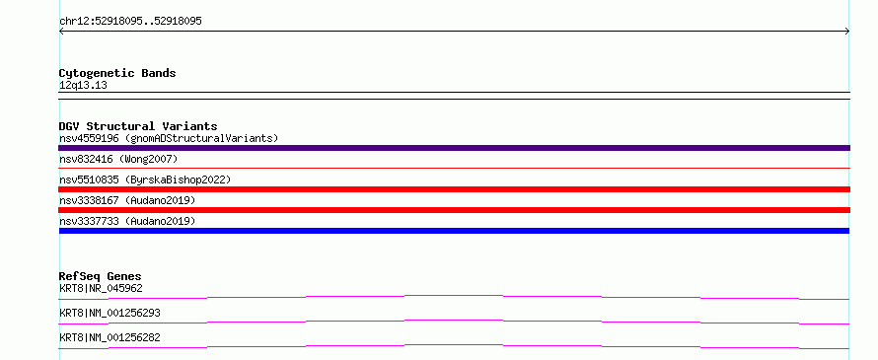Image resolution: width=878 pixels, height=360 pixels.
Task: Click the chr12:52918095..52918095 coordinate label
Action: tap(130, 22)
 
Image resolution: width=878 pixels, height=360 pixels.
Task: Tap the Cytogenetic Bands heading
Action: tap(117, 73)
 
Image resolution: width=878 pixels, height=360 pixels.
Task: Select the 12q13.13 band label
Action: tap(84, 86)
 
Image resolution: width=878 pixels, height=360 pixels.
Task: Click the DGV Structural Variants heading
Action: tap(138, 126)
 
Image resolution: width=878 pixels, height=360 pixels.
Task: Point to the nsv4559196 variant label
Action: tap(89, 138)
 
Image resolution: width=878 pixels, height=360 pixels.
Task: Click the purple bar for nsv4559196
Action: tap(454, 148)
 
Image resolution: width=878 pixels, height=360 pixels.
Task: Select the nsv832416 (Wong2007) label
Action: tap(118, 160)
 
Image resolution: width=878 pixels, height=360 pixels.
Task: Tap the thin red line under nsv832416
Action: tap(454, 168)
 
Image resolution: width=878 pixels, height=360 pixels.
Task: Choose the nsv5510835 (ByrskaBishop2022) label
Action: tap(145, 180)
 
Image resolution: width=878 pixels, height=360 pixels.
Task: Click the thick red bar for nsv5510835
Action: tap(454, 189)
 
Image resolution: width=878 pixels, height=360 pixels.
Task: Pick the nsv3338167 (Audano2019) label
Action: tap(127, 200)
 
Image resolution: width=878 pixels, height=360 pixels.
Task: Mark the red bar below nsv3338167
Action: tap(454, 210)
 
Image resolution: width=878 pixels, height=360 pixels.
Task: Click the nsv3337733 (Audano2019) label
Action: tap(127, 222)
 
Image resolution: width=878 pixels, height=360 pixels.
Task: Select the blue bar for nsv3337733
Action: tap(454, 231)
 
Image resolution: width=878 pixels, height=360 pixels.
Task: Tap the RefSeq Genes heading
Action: tap(101, 276)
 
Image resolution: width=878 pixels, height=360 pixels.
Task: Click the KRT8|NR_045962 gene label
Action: tap(101, 289)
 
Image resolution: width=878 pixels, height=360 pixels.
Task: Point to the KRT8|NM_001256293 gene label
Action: tap(110, 314)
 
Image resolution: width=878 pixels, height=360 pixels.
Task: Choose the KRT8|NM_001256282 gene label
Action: tap(110, 338)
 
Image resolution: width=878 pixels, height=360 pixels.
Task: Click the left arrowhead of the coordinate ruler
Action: tap(60, 32)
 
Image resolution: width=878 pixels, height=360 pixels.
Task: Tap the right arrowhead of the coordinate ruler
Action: tap(848, 32)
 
